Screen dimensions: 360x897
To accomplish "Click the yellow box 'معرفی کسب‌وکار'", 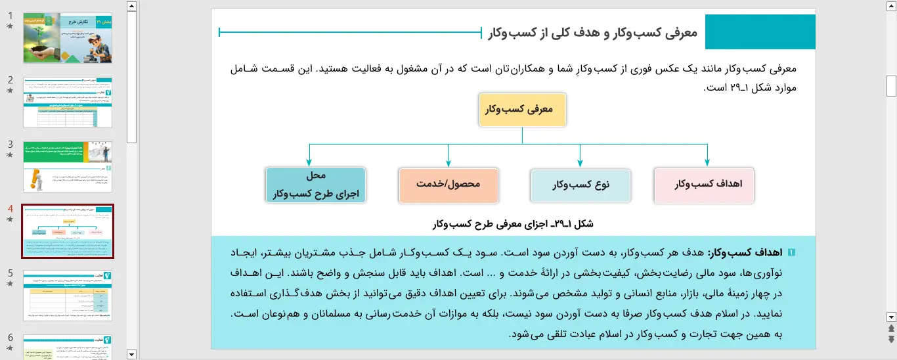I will [522, 110].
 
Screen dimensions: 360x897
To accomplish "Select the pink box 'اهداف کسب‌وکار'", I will [704, 185].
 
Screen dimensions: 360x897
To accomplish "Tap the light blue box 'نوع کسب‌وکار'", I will [580, 185].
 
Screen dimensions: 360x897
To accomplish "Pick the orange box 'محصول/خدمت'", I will [448, 185].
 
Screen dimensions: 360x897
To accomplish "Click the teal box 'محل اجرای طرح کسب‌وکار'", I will [316, 185].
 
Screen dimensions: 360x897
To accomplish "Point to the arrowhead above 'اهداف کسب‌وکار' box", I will [707, 162].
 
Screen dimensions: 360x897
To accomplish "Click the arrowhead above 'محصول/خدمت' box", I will [448, 162].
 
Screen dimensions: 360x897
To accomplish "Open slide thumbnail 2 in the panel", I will [67, 102].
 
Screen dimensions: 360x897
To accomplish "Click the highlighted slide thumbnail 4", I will [67, 231].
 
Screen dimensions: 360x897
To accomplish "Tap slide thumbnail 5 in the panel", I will [67, 295].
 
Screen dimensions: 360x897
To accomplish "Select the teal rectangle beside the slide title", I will [760, 32].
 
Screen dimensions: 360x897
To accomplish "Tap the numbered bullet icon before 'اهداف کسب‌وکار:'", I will [791, 252].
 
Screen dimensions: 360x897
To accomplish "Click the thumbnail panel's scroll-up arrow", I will [131, 7].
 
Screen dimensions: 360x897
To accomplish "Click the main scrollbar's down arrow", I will [891, 316].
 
